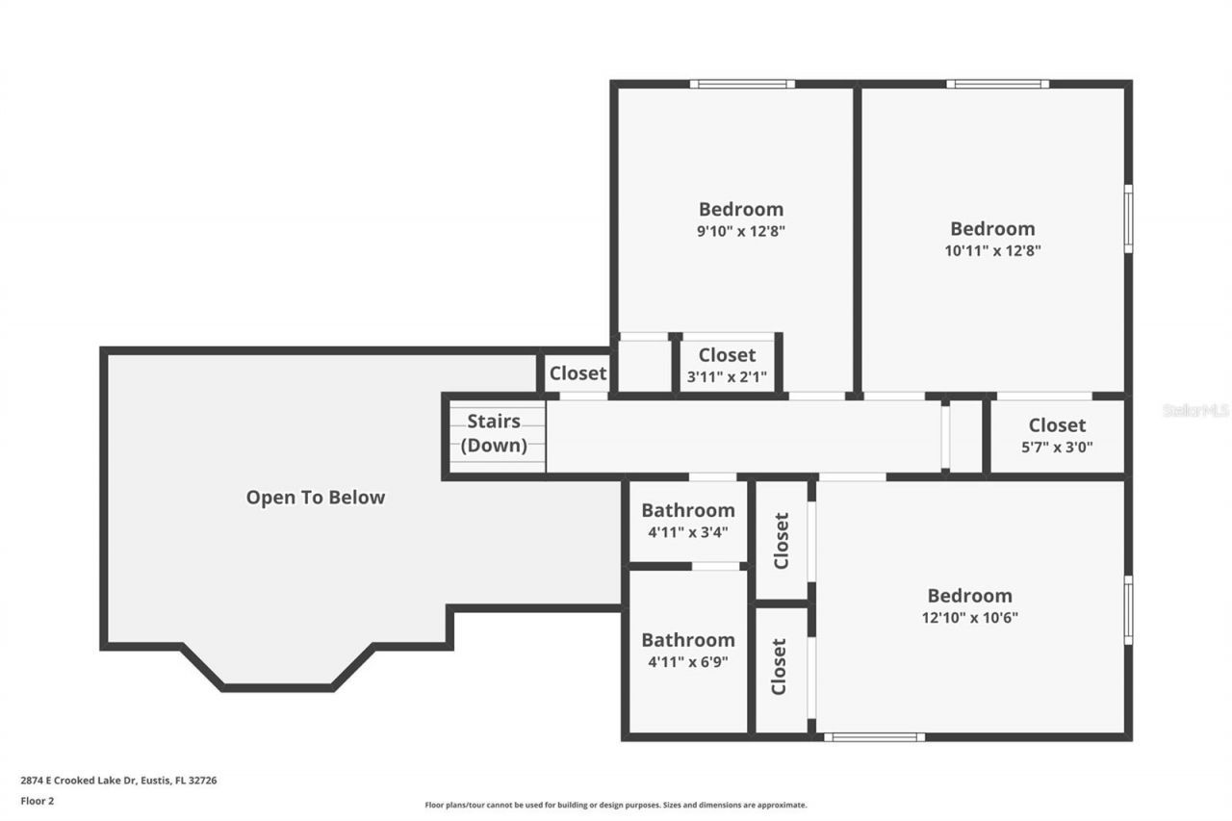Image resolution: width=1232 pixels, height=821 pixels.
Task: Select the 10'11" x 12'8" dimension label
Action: tap(992, 250)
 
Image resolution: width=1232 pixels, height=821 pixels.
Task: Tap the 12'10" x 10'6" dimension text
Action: tap(969, 618)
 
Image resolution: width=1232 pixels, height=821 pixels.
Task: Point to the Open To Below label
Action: tap(315, 498)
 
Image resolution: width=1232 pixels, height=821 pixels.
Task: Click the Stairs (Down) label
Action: tap(494, 433)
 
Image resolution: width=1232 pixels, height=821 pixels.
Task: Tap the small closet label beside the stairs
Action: tap(577, 373)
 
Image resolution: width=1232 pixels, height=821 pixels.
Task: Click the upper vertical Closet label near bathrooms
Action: tap(781, 540)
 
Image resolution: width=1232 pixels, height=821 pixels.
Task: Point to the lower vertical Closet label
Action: tap(780, 666)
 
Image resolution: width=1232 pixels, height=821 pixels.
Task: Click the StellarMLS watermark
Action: tap(1195, 410)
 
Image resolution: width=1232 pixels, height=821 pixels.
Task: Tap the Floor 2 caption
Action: tap(38, 800)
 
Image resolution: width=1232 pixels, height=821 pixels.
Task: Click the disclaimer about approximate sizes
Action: tap(616, 805)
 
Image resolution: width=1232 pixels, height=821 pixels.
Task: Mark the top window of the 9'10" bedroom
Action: tap(742, 84)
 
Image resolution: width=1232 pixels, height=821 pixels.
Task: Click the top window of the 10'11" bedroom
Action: tap(997, 84)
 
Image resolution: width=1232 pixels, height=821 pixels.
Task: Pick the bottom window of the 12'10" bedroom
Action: tap(874, 737)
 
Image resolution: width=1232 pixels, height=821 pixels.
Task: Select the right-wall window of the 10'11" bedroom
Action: tap(1128, 218)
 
